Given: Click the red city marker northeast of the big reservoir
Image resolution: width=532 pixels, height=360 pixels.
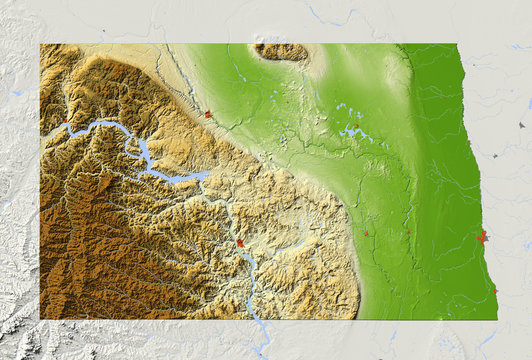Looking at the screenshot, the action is pyautogui.click(x=208, y=114).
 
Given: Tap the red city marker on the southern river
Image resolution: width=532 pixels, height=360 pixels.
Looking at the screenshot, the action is pyautogui.click(x=240, y=243).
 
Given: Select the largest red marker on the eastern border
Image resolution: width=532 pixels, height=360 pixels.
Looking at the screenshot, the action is pyautogui.click(x=483, y=237).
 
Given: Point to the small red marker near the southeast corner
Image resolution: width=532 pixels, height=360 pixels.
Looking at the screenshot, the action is pyautogui.click(x=494, y=292).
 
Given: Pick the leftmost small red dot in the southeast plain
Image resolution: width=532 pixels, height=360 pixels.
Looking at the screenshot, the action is pyautogui.click(x=366, y=233).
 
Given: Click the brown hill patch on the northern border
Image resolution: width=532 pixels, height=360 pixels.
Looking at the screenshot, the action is pyautogui.click(x=282, y=50).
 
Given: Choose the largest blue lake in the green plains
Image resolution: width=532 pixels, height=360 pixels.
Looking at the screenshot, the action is pyautogui.click(x=352, y=130).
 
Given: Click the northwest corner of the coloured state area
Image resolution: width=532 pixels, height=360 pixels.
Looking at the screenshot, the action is pyautogui.click(x=41, y=44).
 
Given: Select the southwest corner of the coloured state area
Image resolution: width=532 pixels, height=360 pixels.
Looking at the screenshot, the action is pyautogui.click(x=41, y=319).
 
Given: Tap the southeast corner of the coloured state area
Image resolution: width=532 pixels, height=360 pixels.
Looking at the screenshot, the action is pyautogui.click(x=496, y=319).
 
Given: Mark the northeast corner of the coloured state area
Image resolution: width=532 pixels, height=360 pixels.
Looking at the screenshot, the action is pyautogui.click(x=456, y=44).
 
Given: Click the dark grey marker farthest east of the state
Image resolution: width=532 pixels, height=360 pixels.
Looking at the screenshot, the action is pyautogui.click(x=521, y=125).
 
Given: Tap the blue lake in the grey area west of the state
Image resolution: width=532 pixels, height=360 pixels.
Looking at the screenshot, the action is pyautogui.click(x=17, y=93).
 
